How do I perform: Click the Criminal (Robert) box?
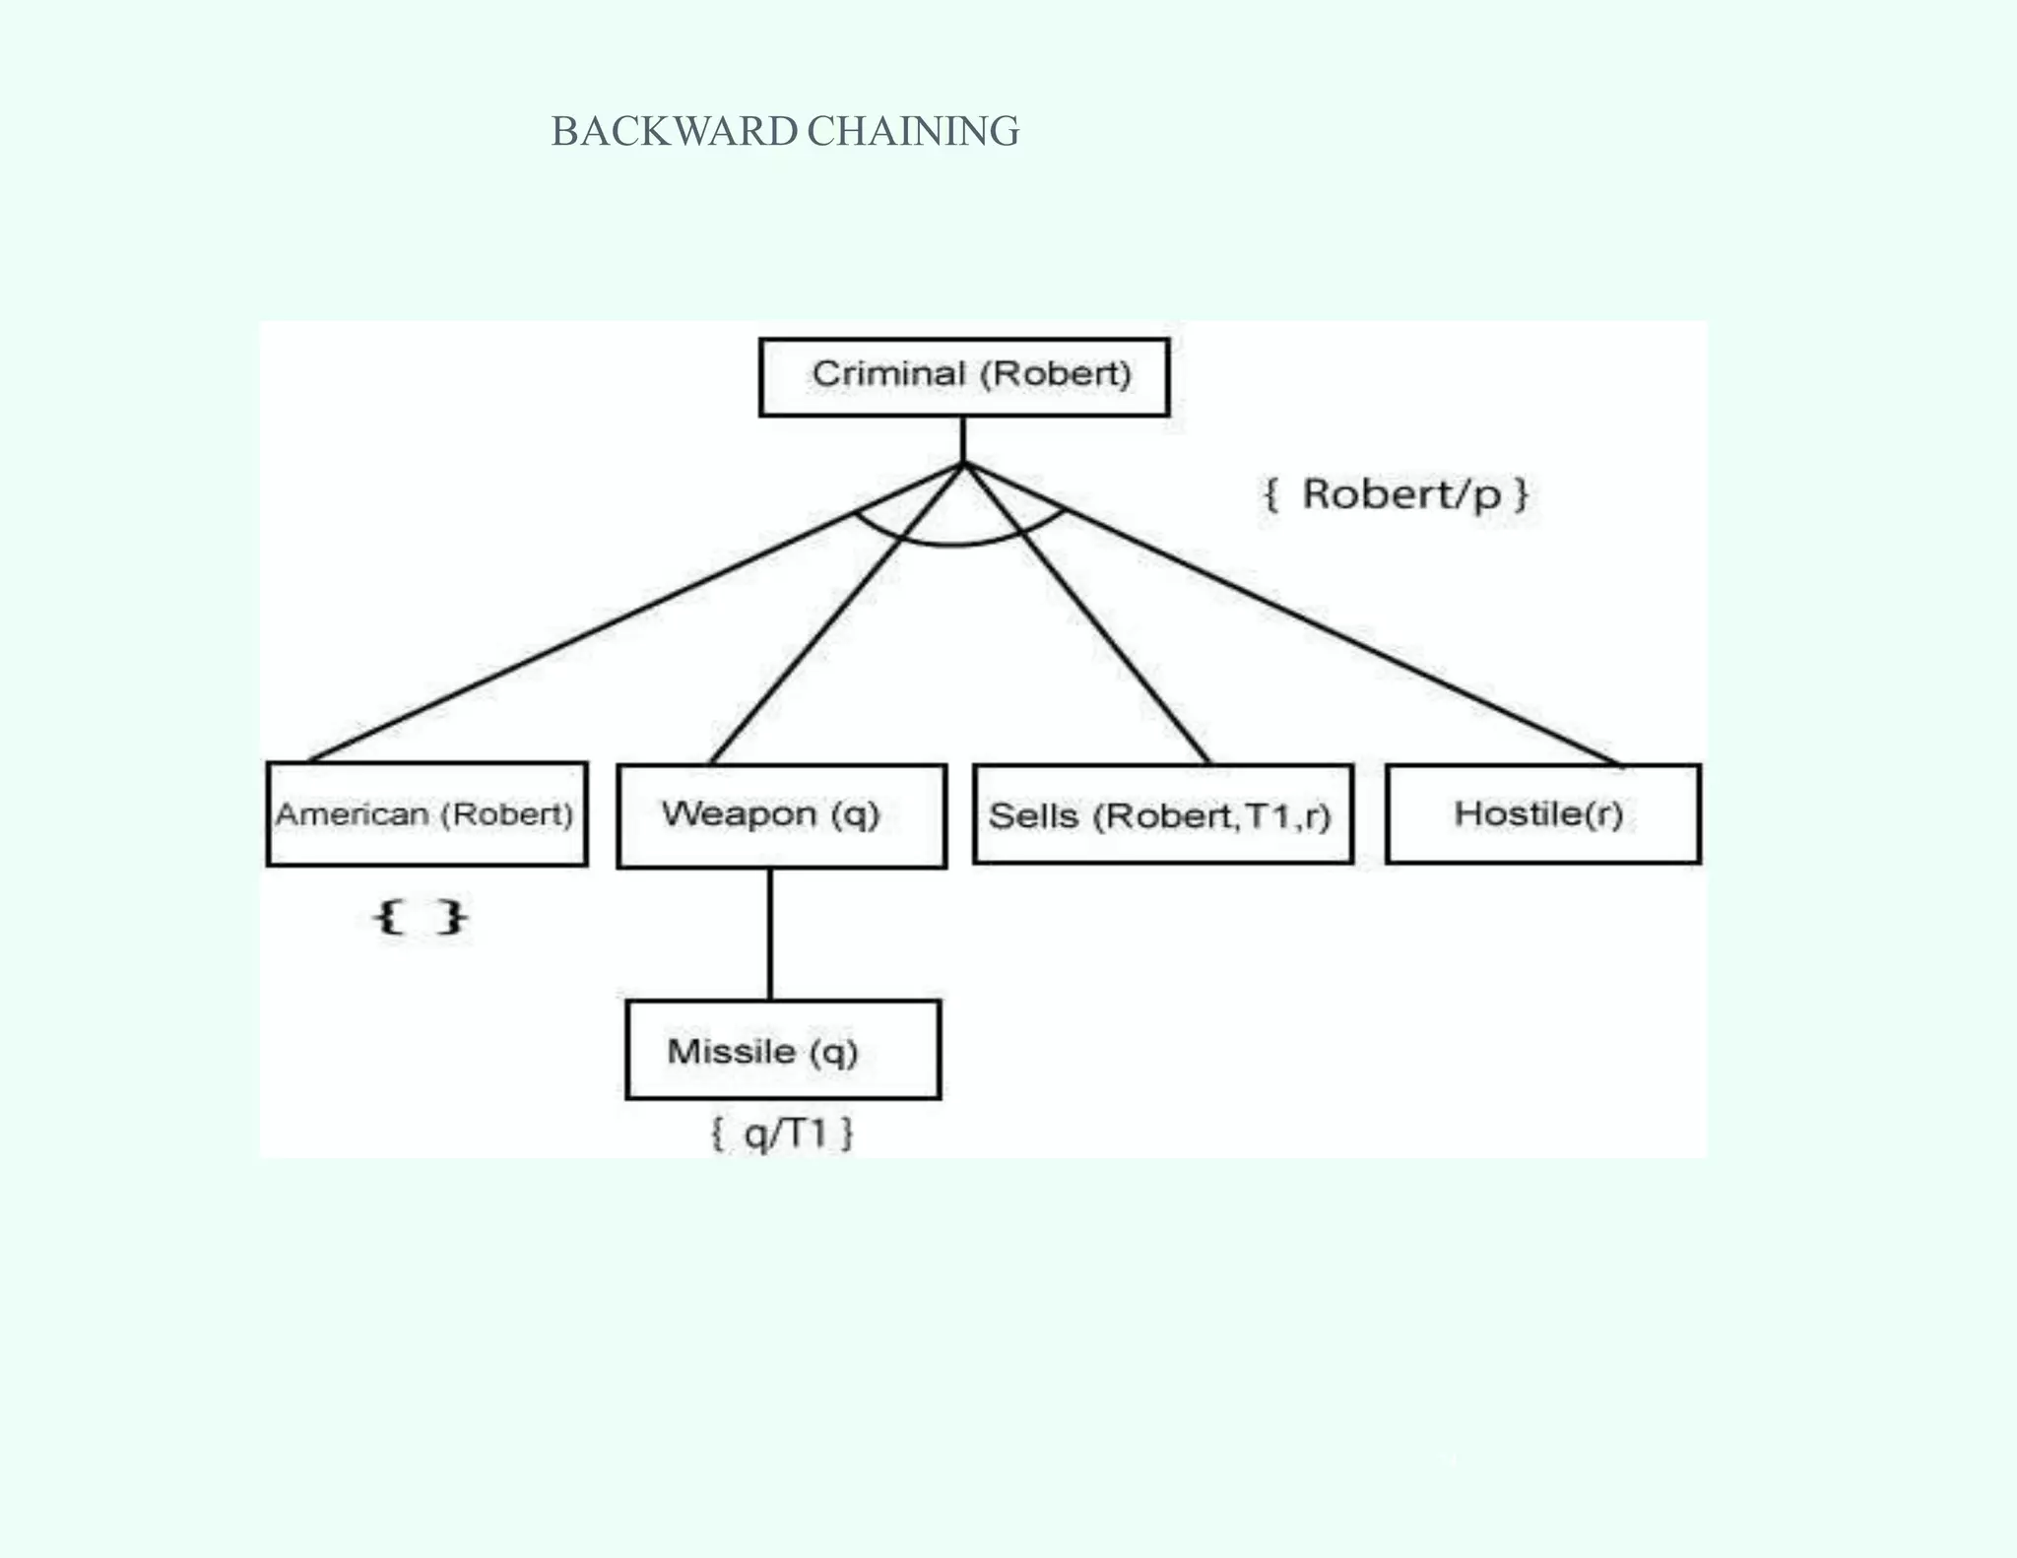(x=963, y=377)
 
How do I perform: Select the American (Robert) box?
(x=426, y=814)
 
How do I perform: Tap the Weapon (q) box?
(x=781, y=815)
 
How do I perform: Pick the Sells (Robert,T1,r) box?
(x=1162, y=815)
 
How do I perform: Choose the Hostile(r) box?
(x=1542, y=814)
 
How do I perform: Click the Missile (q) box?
(x=783, y=1050)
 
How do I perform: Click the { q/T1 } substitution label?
(x=782, y=1135)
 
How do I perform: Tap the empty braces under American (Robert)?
(x=421, y=917)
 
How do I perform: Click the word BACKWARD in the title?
(x=674, y=132)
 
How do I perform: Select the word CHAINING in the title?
(x=913, y=132)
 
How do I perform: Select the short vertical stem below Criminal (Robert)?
(x=963, y=439)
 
